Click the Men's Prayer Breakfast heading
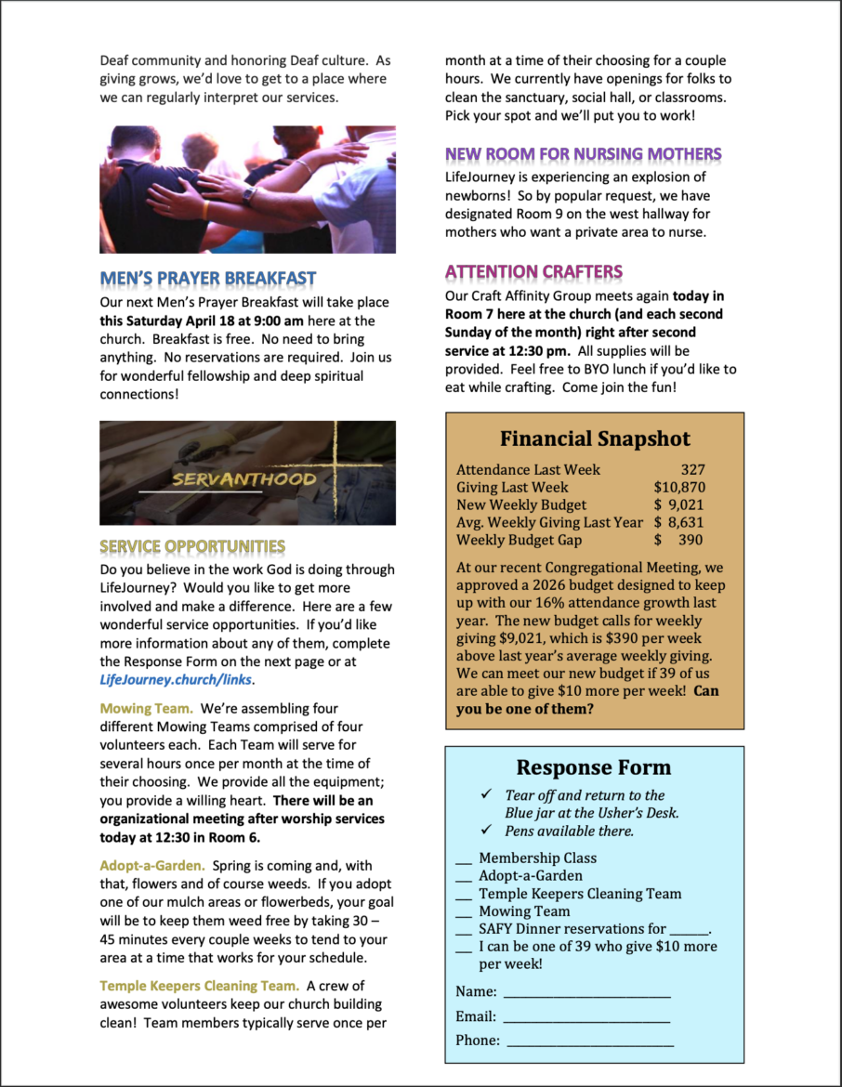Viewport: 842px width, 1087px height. point(208,278)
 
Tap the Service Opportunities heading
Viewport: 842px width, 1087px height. point(192,546)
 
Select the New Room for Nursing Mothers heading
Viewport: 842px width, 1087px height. point(583,153)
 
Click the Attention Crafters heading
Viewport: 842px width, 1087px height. point(533,271)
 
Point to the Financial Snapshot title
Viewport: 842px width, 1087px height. point(595,439)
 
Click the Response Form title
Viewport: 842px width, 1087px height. point(594,767)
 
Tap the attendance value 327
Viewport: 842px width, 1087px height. point(692,469)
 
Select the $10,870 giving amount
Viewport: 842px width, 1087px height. point(678,487)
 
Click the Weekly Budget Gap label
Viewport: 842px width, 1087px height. point(519,540)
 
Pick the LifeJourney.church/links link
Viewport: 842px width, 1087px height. point(176,679)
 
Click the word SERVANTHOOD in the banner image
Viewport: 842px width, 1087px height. point(243,479)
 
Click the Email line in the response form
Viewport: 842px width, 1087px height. point(585,1016)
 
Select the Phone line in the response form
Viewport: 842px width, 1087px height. point(589,1041)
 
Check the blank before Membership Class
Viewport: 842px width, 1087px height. point(464,858)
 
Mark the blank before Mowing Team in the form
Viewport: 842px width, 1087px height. point(464,911)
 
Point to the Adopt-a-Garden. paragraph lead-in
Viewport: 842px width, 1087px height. point(152,865)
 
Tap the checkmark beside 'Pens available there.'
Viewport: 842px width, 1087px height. point(486,830)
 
